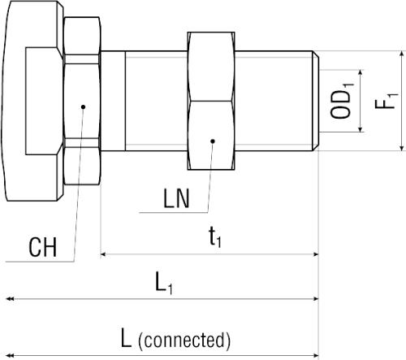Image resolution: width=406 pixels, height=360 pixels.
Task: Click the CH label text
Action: [43, 247]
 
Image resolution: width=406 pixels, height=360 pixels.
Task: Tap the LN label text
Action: [176, 198]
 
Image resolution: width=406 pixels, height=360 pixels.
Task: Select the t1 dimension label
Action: [215, 237]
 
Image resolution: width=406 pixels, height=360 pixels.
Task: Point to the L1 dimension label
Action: [164, 283]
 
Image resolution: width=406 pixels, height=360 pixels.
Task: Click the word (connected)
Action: [184, 340]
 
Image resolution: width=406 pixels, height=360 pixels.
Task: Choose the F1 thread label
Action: [387, 101]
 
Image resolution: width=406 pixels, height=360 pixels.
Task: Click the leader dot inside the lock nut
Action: [213, 141]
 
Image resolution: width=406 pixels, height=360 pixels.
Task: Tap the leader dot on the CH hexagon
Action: [84, 107]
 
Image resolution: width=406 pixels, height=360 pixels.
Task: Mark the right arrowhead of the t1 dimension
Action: [316, 254]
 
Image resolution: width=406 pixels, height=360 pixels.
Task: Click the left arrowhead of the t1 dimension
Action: [103, 254]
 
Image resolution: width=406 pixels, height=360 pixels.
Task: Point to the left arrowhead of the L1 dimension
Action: [10, 299]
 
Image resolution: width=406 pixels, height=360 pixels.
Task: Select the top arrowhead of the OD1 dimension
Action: [361, 72]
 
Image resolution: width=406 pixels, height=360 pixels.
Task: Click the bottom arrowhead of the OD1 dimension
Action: [361, 129]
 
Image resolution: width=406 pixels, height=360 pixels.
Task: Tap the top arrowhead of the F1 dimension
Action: [402, 54]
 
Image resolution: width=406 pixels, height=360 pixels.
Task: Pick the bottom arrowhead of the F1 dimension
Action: [402, 148]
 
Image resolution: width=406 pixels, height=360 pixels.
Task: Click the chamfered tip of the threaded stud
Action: [316, 101]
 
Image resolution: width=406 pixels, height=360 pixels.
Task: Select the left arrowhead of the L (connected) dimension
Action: [10, 355]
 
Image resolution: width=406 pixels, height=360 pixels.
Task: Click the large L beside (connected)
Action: [126, 337]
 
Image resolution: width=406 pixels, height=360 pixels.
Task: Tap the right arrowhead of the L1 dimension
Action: [316, 299]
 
